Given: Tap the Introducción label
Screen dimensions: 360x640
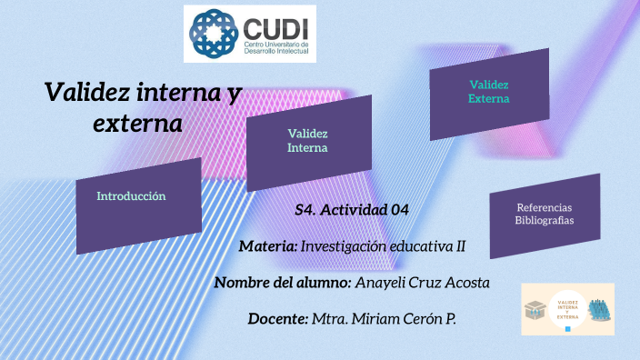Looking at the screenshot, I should (x=132, y=195).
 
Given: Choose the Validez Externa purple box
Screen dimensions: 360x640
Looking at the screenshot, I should (x=488, y=92).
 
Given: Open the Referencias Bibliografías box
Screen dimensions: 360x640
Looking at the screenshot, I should (x=545, y=215).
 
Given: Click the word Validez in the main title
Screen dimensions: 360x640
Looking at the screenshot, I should (x=86, y=92).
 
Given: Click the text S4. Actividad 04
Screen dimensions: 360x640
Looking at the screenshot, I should (x=352, y=210).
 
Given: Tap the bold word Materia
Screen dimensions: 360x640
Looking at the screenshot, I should (x=268, y=246).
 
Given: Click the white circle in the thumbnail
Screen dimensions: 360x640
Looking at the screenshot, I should (x=567, y=310).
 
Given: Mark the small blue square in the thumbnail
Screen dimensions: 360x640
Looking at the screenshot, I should (x=568, y=330).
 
